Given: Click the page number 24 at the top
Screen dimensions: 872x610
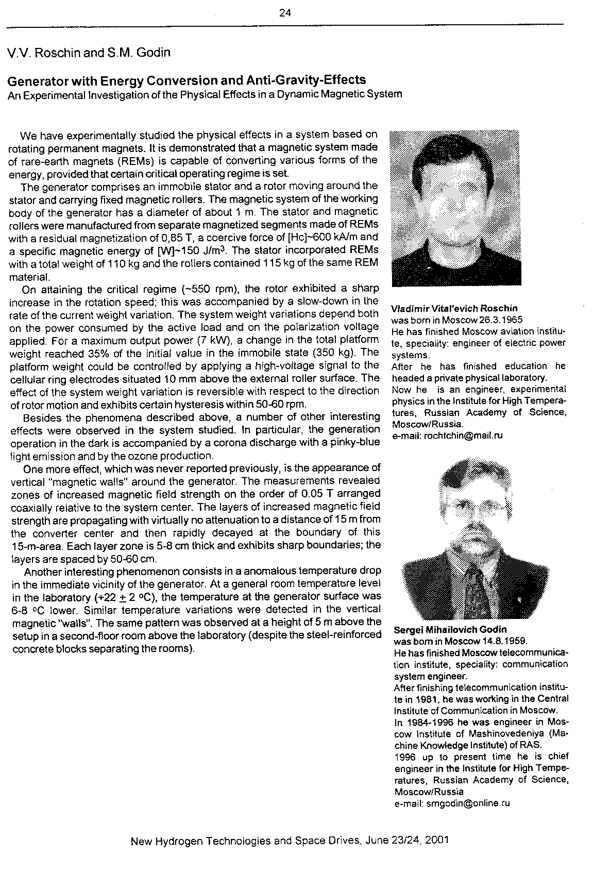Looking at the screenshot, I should pos(285,13).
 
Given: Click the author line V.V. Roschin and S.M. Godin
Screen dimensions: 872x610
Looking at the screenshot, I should pos(89,53).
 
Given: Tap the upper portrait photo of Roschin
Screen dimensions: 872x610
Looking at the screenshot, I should pos(455,208).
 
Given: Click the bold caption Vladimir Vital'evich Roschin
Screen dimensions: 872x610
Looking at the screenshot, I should pos(454,309).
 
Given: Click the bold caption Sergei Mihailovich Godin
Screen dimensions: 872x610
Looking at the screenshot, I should pos(450,630).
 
